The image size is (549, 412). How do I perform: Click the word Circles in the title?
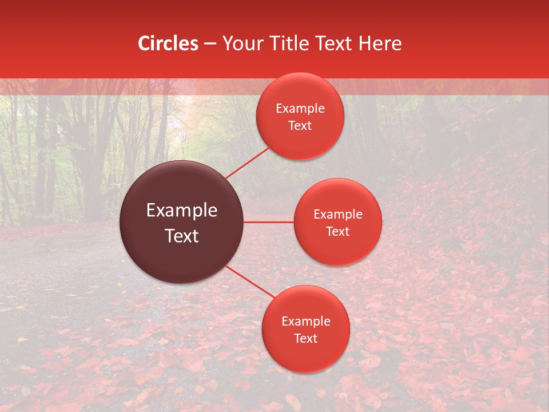point(168,43)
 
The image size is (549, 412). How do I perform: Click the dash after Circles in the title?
point(210,44)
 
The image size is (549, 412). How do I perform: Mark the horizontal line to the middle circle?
point(269,222)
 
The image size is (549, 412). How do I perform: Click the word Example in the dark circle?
point(182,211)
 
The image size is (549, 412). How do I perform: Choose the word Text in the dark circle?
point(182,236)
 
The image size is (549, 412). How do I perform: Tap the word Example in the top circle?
point(300,109)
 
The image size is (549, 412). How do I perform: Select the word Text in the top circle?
point(300,125)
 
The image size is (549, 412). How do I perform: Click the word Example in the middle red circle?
point(338,215)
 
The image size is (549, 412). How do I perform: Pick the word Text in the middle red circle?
point(338,231)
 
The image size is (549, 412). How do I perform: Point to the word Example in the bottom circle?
point(306,322)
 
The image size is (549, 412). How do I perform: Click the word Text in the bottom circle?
point(306,338)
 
